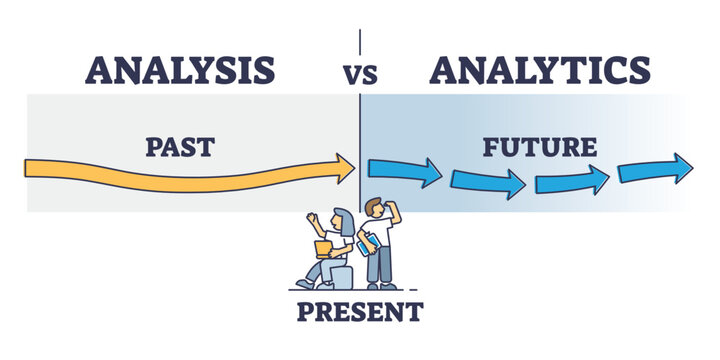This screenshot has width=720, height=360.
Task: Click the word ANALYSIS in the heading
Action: coord(181,70)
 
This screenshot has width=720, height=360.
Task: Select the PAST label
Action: coord(180,147)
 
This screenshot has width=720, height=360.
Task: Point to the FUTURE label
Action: coord(540,148)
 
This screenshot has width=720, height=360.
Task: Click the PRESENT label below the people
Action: coord(360,311)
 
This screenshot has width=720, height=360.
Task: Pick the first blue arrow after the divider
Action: coord(404,171)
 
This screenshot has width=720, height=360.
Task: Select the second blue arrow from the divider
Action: coord(488,181)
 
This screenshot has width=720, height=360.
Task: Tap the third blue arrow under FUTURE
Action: coord(573,179)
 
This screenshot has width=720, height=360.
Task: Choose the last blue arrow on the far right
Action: coord(655,167)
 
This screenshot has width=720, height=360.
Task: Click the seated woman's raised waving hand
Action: coord(312,218)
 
